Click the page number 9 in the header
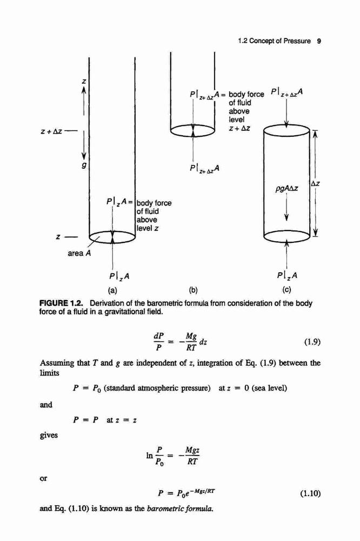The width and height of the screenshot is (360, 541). coord(319,41)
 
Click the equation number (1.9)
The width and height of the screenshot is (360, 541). coord(312,342)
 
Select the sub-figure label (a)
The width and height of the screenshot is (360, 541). coord(113,290)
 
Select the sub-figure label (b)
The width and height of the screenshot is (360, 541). coord(193,290)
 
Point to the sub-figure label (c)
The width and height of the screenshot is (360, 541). coord(286,290)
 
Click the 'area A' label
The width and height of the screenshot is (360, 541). coord(79,253)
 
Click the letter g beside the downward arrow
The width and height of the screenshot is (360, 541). coord(83,166)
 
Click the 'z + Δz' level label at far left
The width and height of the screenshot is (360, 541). coord(51,131)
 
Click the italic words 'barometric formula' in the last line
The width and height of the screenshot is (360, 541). coord(181,509)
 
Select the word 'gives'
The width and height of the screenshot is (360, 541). coord(49,436)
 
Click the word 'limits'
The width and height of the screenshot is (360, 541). coord(50,373)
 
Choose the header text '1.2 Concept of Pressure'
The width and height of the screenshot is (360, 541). coord(275,41)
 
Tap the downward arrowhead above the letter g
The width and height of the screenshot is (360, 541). coord(84,157)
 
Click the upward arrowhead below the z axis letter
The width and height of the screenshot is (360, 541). coord(84,89)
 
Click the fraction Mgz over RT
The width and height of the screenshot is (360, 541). coord(192,456)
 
